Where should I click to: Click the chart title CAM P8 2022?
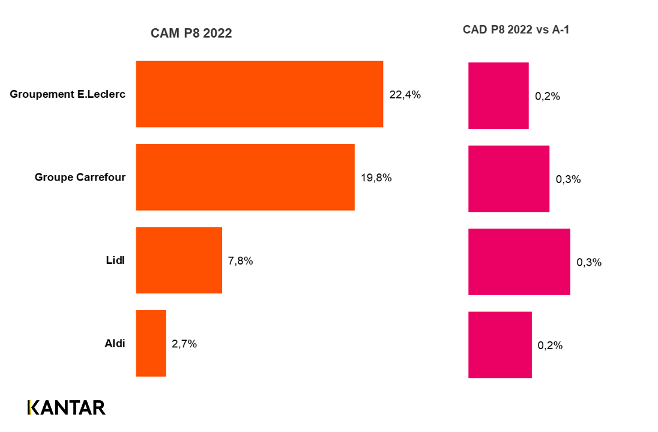click(x=191, y=34)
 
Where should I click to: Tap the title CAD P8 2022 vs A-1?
click(x=516, y=29)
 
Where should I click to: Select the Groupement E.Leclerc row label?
click(x=67, y=94)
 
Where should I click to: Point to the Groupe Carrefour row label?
click(x=80, y=177)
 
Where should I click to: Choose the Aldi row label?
click(x=114, y=344)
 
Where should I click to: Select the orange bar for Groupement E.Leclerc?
click(x=259, y=94)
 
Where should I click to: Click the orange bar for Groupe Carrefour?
click(x=245, y=177)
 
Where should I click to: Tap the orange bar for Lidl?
click(x=179, y=260)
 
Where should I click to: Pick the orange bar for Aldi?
click(x=151, y=343)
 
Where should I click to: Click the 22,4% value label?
click(x=405, y=95)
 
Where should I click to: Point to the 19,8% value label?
click(x=376, y=178)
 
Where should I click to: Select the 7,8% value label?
click(x=240, y=261)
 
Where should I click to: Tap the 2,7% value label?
click(x=184, y=344)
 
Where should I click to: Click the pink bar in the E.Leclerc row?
click(x=498, y=95)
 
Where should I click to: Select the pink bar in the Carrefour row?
click(x=509, y=179)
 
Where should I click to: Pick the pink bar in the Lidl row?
click(x=519, y=262)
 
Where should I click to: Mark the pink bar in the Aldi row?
click(x=500, y=345)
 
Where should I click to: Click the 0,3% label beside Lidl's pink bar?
click(x=589, y=262)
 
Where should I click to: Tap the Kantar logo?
click(x=67, y=407)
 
